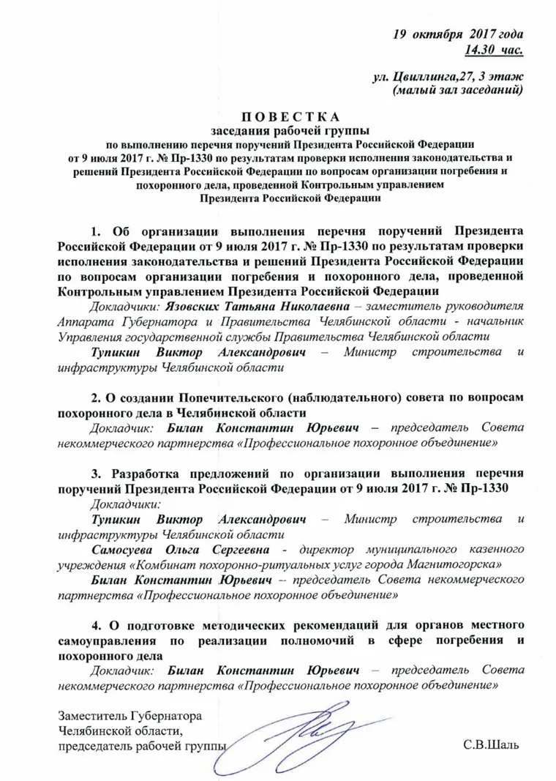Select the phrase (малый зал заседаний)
pos(457,90)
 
